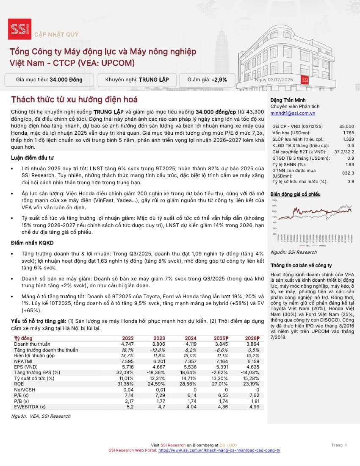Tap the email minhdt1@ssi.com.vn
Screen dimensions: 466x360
[x=293, y=114]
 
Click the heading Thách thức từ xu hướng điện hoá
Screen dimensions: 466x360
[x=74, y=100]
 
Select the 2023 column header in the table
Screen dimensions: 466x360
[x=159, y=338]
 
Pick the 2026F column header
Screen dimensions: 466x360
[x=252, y=338]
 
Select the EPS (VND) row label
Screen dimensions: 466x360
[x=27, y=366]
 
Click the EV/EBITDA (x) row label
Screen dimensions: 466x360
[x=30, y=406]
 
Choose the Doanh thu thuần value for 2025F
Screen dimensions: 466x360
[x=222, y=344]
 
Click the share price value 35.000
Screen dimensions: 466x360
[x=346, y=126]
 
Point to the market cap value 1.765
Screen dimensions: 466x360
[x=348, y=133]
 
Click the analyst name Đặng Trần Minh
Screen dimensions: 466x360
[x=288, y=100]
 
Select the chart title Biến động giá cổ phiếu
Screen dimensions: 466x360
[x=296, y=194]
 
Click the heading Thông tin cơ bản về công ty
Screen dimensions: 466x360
[x=301, y=265]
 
